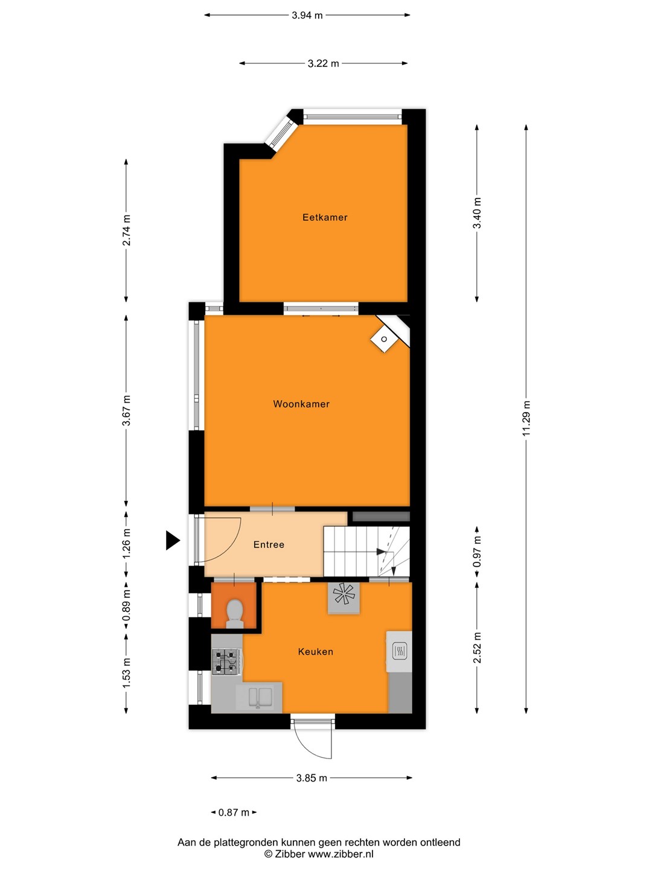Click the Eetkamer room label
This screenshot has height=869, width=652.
(x=325, y=217)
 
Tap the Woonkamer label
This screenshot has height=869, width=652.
(x=301, y=404)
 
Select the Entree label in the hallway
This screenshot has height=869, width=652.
(x=269, y=545)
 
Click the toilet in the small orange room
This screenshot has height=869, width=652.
(x=234, y=614)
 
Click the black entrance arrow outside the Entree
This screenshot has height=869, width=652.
(x=173, y=540)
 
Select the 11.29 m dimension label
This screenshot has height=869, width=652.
(x=526, y=418)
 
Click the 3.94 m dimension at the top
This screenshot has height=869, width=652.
(x=307, y=16)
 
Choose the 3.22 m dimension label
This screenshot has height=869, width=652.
(x=324, y=63)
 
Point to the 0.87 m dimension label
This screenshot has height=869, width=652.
(x=234, y=812)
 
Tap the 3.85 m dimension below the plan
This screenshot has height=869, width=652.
(x=312, y=778)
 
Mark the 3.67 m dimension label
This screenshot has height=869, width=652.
(x=126, y=410)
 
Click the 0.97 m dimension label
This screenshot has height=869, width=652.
(x=477, y=552)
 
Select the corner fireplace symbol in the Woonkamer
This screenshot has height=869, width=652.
(x=384, y=339)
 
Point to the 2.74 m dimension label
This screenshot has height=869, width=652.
(x=126, y=231)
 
